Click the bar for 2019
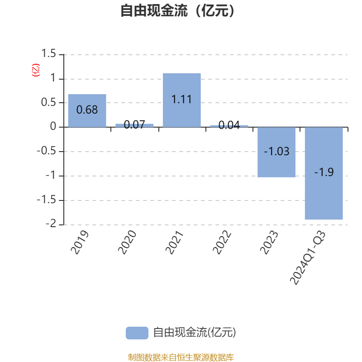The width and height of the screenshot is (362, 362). coord(87,110)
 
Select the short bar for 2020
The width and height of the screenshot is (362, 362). coord(134,125)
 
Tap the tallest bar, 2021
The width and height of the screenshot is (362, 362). coord(182,100)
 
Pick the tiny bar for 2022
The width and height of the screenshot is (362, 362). coord(229,126)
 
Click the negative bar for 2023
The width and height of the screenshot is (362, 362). coord(276,152)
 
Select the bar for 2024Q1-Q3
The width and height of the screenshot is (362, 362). coord(324,173)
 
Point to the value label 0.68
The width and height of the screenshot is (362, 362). coord(87,110)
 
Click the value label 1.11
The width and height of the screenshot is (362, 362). coord(182,99)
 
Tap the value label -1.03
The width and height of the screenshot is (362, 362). coord(276,152)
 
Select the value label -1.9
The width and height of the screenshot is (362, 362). coord(324,172)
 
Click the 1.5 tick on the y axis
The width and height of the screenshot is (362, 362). coord(48,54)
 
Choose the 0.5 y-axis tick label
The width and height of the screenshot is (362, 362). coord(48,103)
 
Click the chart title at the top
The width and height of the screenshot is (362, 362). coord(178,11)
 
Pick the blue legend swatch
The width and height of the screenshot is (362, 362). coord(137,333)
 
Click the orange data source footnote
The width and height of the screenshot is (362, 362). coord(181,357)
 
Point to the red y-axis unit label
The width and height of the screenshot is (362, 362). coord(36,70)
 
